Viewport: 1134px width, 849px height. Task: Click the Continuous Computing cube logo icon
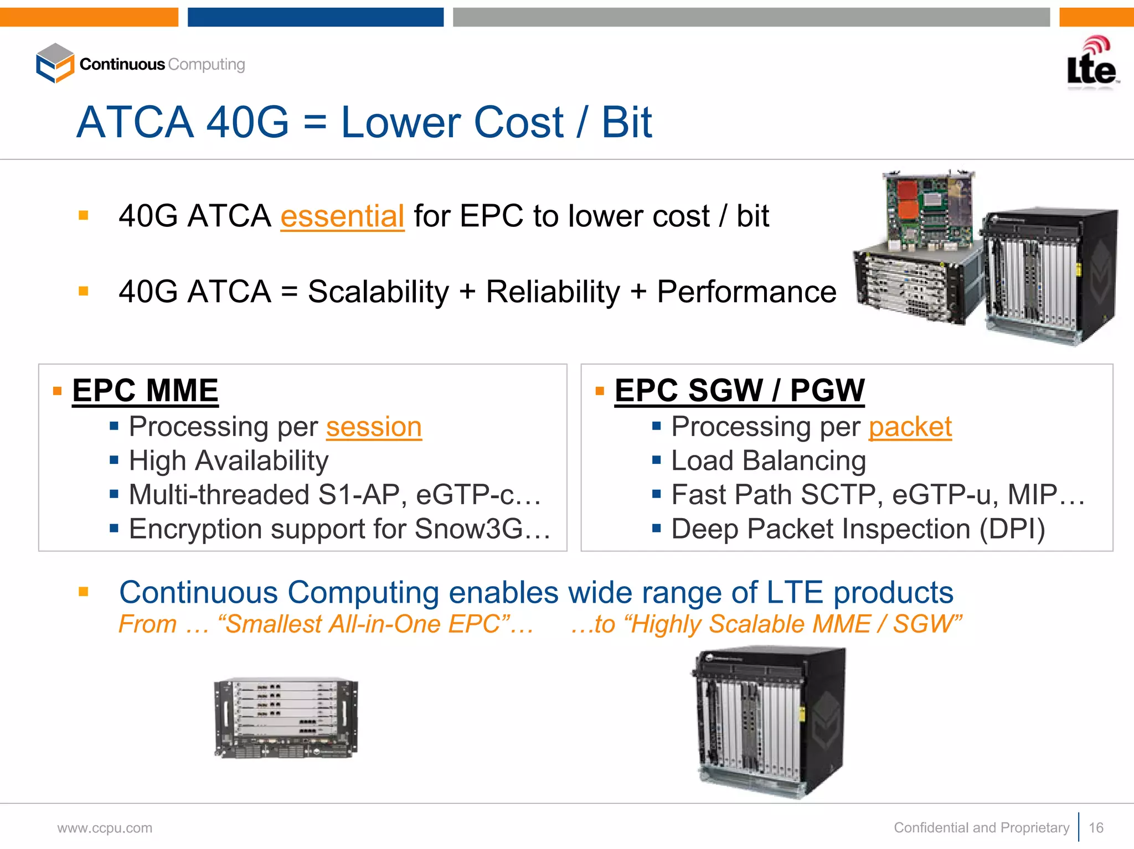click(x=54, y=63)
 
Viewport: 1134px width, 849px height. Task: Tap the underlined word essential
click(x=342, y=216)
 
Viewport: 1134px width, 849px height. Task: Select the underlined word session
click(x=374, y=427)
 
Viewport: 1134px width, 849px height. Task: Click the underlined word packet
click(x=910, y=427)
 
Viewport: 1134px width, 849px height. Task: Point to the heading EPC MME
click(x=145, y=391)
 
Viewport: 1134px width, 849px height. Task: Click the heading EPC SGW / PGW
click(x=739, y=391)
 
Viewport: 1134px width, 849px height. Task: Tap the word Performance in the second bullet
click(x=746, y=292)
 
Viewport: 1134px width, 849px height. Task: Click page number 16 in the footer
click(x=1096, y=827)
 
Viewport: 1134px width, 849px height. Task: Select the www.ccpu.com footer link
click(x=105, y=828)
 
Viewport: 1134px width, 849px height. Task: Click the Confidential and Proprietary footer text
click(x=981, y=827)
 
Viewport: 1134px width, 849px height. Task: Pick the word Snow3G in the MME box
click(x=468, y=529)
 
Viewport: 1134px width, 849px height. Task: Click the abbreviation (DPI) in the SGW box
click(x=1012, y=529)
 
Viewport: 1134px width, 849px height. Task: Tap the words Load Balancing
click(x=768, y=461)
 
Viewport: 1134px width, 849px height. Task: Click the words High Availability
click(x=228, y=461)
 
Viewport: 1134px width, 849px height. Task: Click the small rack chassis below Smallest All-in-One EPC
click(x=286, y=718)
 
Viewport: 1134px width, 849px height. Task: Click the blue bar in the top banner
click(x=315, y=17)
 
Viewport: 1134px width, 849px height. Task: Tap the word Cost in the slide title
click(x=518, y=122)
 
